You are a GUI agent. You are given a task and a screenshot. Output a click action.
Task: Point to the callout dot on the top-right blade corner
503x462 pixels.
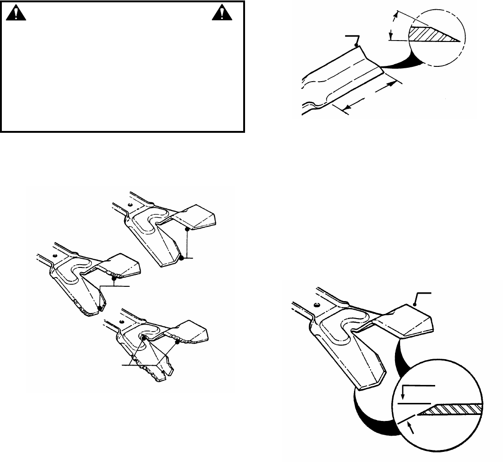[356, 44]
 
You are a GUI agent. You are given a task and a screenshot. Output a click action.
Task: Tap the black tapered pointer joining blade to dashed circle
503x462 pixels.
[406, 62]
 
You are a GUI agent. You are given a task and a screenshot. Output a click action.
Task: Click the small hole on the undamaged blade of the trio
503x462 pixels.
[131, 205]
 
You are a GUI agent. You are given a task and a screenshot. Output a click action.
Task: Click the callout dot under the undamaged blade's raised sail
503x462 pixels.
[187, 228]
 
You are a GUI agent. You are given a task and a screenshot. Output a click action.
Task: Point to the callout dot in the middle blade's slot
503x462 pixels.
[99, 305]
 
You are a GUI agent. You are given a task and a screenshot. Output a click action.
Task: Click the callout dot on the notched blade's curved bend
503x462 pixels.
[144, 338]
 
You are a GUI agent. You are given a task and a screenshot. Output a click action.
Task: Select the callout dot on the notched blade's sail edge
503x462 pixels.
[177, 344]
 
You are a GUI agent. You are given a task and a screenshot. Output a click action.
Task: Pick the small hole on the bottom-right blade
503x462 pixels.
[318, 305]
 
